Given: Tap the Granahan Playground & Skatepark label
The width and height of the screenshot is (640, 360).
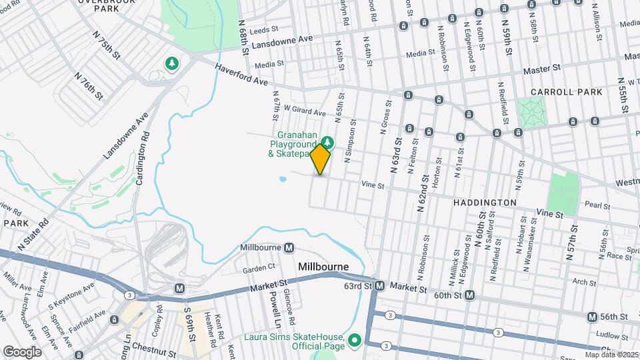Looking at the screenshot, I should point(292,144).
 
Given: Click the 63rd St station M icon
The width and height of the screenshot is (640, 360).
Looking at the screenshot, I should point(379,286).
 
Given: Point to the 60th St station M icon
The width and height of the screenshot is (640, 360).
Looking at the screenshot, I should point(470,295).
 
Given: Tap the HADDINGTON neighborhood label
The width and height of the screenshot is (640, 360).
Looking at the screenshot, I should point(485,202).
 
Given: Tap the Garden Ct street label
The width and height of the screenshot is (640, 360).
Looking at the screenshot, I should point(259,268).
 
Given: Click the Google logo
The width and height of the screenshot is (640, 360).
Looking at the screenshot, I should point(22,351).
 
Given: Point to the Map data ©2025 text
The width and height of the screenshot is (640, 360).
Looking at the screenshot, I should point(611,355).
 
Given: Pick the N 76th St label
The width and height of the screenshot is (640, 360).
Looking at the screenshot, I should point(89,83).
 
